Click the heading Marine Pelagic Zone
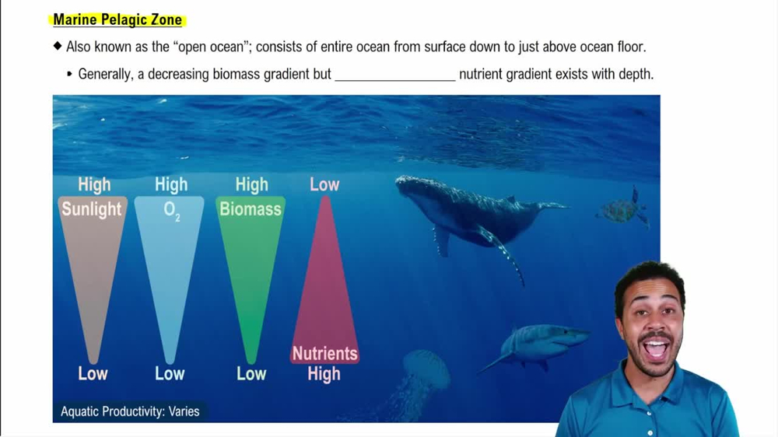117,20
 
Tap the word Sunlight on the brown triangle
92,209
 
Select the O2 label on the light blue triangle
171,211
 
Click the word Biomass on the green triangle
251,209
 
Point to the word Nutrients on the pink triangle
324,354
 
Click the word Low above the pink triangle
324,185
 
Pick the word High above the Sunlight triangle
94,185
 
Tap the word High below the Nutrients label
324,374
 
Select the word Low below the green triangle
251,374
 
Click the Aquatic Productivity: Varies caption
130,411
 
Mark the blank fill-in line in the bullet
394,75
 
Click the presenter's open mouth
655,348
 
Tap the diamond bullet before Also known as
58,47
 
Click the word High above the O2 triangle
171,185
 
